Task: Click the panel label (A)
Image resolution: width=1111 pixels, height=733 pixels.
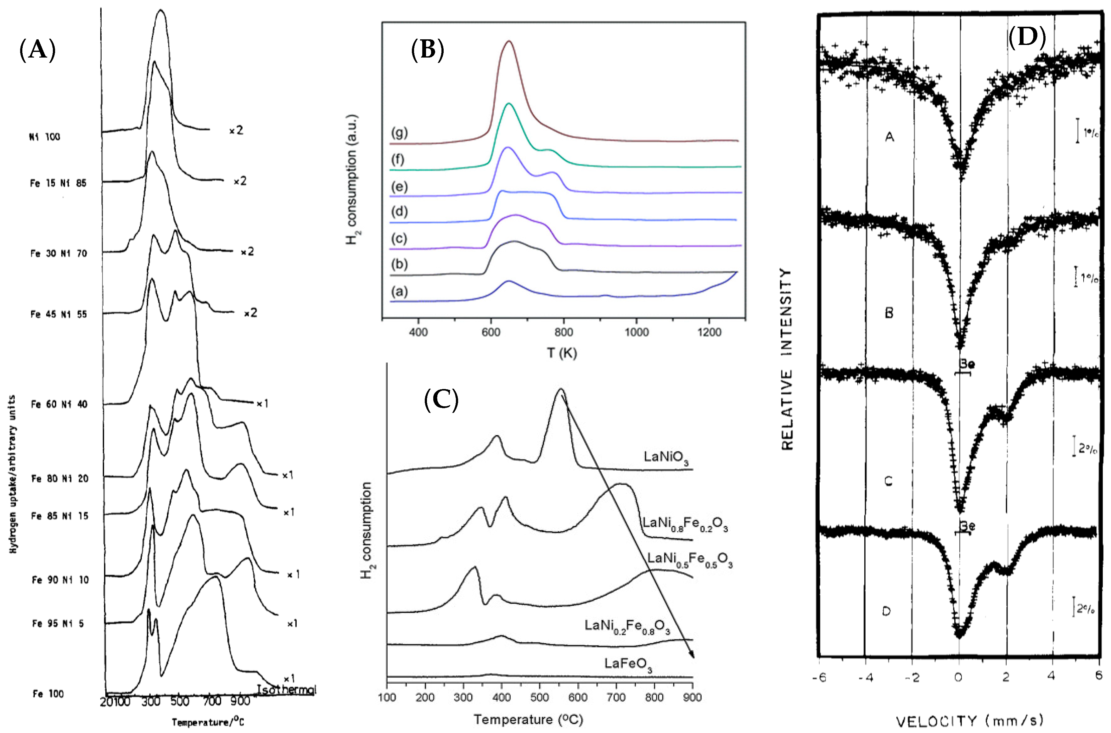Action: coord(37,50)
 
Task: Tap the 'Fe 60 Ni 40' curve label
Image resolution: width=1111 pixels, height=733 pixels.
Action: coord(59,404)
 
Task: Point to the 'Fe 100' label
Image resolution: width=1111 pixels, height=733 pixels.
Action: coord(48,694)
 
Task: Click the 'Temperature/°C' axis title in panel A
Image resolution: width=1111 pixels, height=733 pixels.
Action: coord(208,722)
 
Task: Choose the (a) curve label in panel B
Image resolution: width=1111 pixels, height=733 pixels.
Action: coord(400,292)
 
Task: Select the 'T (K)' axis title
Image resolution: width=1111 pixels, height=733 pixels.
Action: coord(562,353)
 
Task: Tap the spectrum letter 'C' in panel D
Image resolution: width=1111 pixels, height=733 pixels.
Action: coord(889,480)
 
